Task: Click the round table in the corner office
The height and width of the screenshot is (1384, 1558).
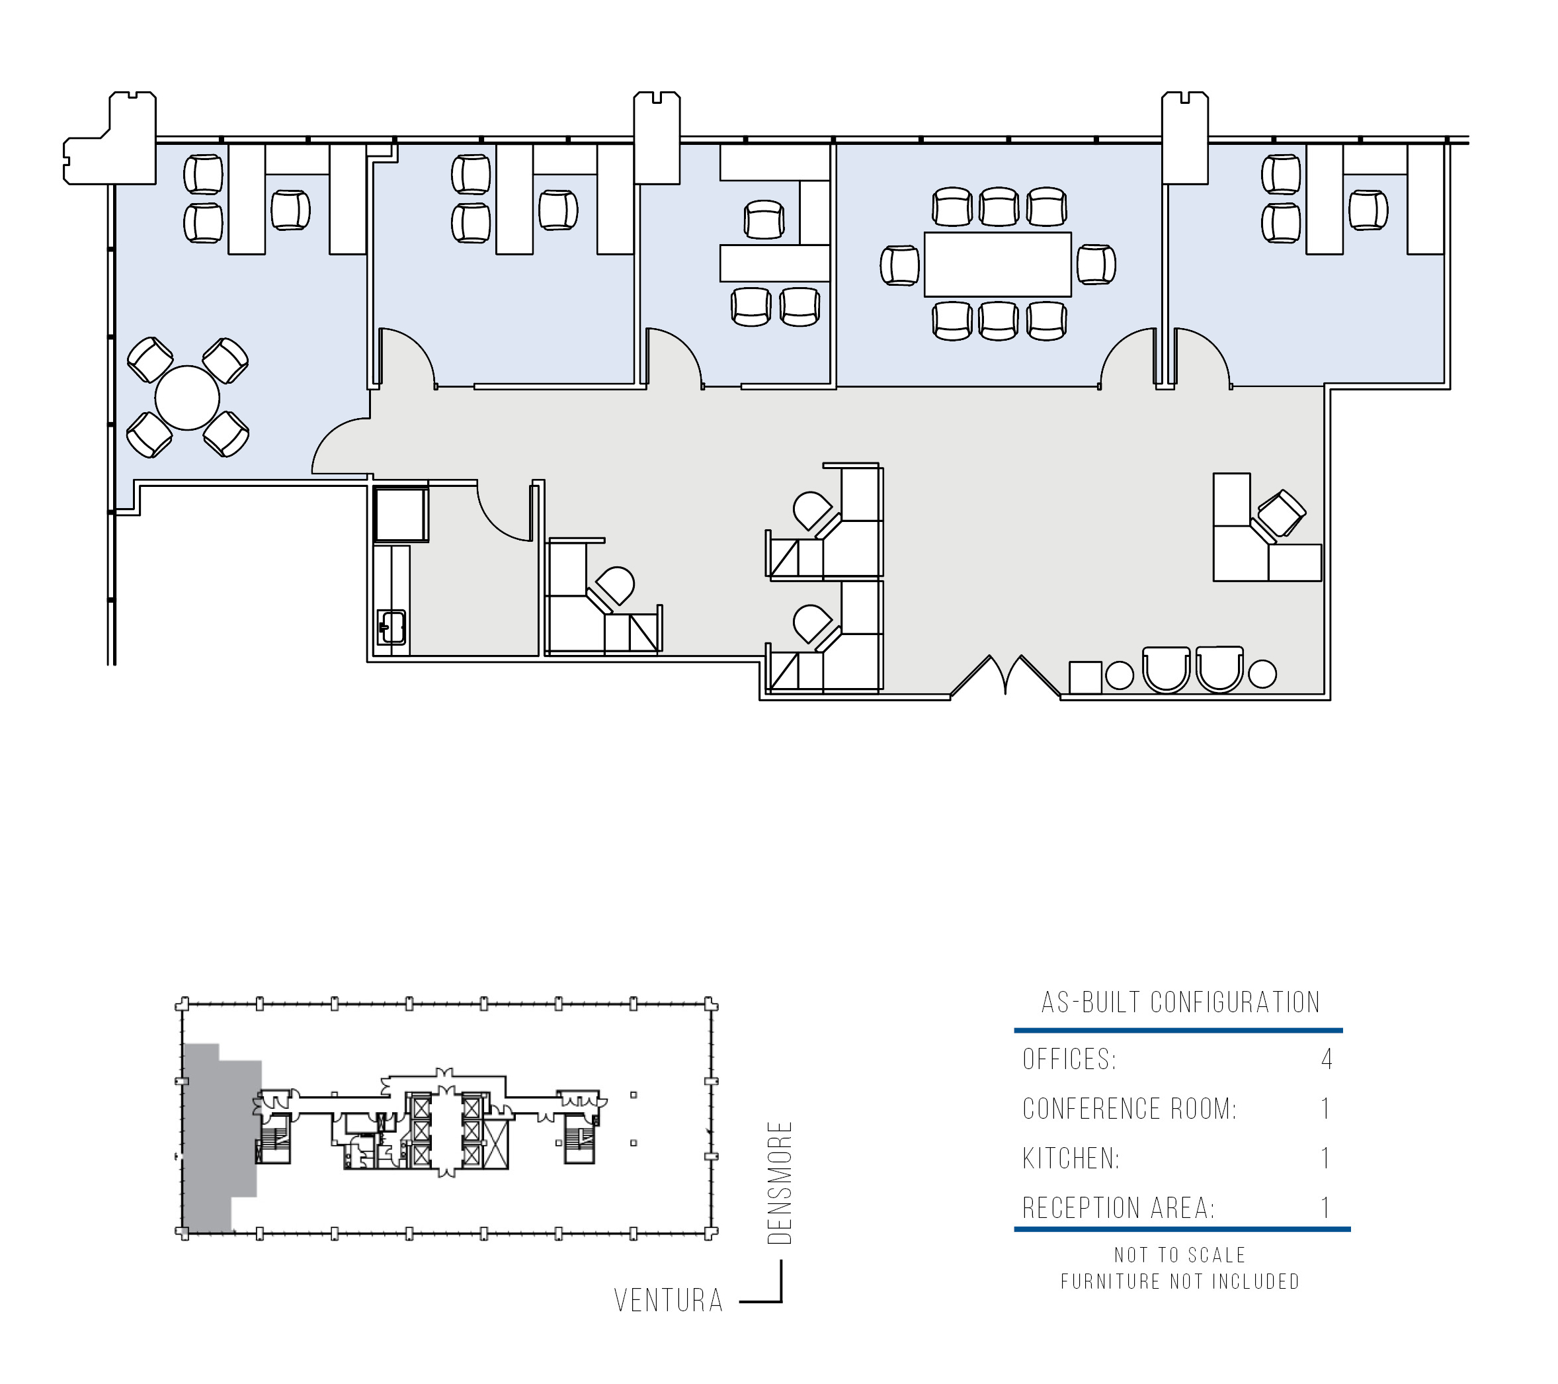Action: pos(188,398)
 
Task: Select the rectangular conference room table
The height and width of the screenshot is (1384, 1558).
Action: pos(998,265)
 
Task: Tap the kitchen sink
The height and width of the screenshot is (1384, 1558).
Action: pos(391,628)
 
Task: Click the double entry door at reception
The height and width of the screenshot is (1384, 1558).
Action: pos(1005,676)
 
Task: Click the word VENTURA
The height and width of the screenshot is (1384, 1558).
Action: pos(669,1301)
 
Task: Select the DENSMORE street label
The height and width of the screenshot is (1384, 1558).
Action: pos(780,1183)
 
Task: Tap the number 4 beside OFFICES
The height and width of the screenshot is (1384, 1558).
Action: pos(1327,1059)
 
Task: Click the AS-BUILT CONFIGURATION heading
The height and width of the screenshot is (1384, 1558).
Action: pos(1180,1002)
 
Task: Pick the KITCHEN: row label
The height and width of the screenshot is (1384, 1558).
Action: pos(1071,1158)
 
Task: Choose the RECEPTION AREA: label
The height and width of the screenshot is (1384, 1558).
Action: pos(1118,1208)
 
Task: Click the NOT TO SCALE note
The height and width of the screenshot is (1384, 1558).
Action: pos(1180,1255)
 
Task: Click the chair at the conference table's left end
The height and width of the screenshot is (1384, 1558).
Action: pos(899,265)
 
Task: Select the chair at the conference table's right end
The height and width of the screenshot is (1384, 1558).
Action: pos(1096,265)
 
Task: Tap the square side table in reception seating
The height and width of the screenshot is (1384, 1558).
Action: pos(1085,677)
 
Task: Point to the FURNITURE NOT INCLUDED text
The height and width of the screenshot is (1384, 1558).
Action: pos(1180,1282)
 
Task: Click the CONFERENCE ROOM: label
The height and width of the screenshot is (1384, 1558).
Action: pos(1129,1109)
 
